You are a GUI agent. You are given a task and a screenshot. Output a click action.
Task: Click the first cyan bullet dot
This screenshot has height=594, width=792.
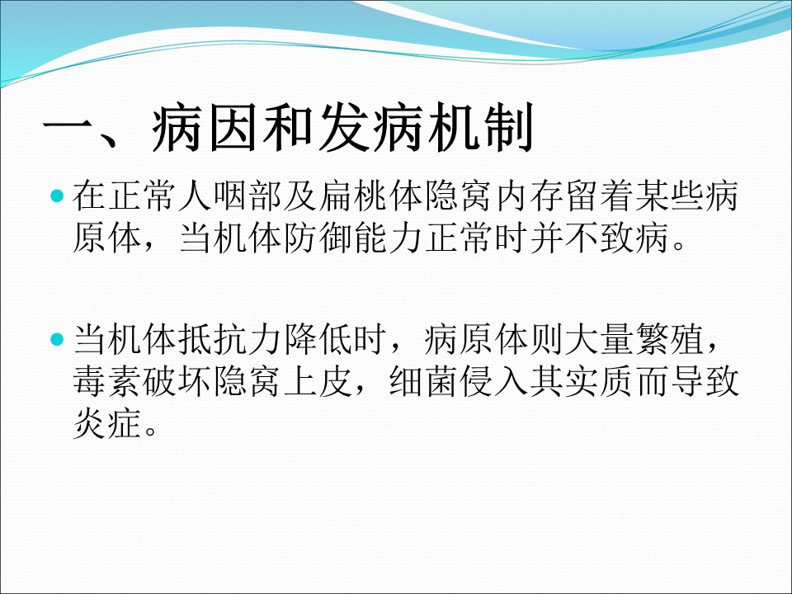pyautogui.click(x=58, y=196)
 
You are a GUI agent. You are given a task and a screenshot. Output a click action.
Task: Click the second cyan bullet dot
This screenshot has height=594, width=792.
pyautogui.click(x=58, y=339)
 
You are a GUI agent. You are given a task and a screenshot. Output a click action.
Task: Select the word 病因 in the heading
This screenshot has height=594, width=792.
pyautogui.click(x=205, y=127)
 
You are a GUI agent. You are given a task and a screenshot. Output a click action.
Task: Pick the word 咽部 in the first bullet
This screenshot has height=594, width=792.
pyautogui.click(x=247, y=196)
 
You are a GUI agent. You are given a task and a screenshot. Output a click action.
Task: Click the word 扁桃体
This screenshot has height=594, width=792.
pyautogui.click(x=370, y=196)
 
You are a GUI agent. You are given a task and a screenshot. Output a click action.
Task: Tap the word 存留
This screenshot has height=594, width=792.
pyautogui.click(x=563, y=196)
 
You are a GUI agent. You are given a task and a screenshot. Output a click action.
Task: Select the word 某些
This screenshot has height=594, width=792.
pyautogui.click(x=669, y=196)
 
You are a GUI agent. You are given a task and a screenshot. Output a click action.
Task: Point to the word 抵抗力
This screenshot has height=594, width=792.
pyautogui.click(x=230, y=339)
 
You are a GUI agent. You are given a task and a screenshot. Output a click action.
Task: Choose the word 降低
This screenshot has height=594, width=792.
pyautogui.click(x=318, y=339)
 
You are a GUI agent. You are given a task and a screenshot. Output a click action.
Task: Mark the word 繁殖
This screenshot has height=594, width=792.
pyautogui.click(x=669, y=339)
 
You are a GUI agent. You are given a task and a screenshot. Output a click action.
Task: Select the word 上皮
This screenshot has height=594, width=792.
pyautogui.click(x=318, y=381)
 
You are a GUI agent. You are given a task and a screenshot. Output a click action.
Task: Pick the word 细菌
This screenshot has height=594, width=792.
pyautogui.click(x=423, y=381)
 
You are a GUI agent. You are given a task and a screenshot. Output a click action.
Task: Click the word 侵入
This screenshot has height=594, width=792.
pyautogui.click(x=493, y=381)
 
